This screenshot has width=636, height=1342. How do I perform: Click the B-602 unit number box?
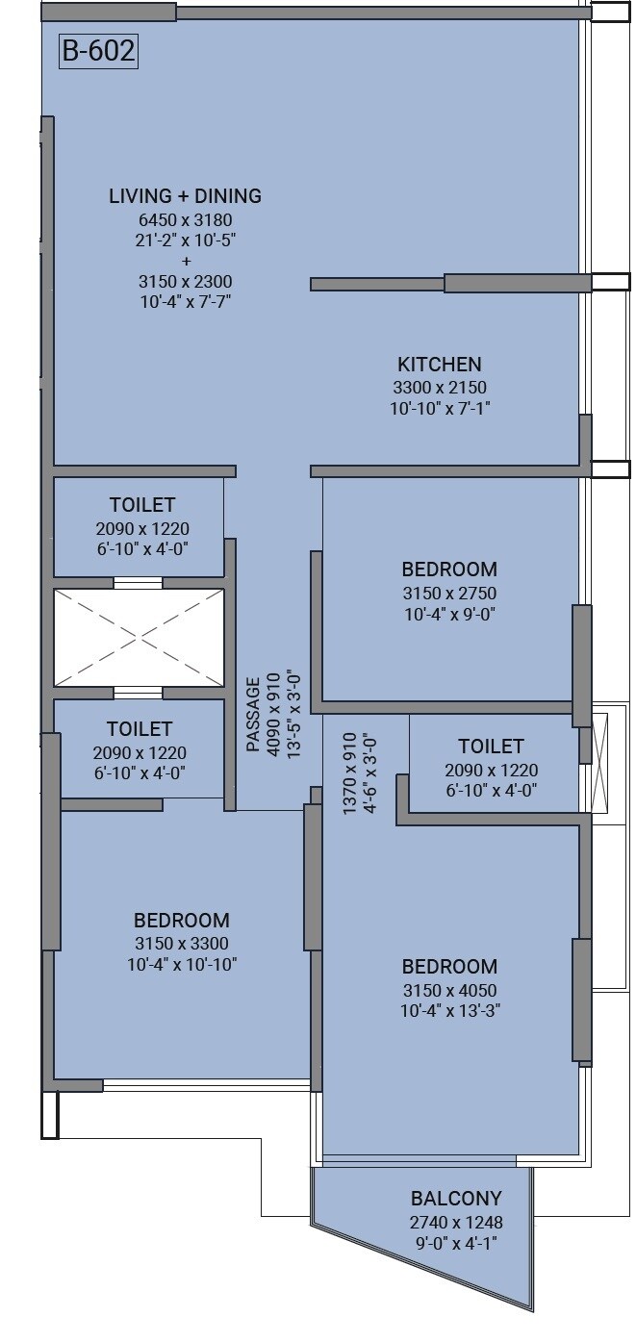pos(98,51)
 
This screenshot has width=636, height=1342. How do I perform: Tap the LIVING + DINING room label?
pos(185,196)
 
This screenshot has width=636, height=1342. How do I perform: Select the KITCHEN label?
pos(440,365)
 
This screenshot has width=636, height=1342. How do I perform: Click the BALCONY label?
pos(456,1199)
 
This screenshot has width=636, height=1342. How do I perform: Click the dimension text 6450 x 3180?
pos(185,220)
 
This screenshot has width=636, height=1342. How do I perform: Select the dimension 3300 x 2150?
pos(440,388)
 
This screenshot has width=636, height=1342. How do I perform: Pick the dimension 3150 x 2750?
pos(449,594)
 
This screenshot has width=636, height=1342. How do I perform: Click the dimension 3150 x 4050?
pos(449,991)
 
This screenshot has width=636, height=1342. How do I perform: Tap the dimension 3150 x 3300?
pos(182,944)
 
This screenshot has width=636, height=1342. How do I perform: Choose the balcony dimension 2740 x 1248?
pos(456,1223)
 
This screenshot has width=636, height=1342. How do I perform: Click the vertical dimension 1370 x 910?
pos(349,774)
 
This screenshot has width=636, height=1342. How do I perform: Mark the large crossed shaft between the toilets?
pos(139,638)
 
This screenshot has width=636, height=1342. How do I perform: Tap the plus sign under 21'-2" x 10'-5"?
pos(185,261)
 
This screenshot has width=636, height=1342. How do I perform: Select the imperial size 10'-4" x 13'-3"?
pos(449,1011)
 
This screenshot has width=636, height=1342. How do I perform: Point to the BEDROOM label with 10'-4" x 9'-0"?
pos(449,570)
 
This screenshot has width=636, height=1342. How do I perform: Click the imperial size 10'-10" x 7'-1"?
pos(440,408)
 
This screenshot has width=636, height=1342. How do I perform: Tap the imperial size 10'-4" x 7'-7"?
pos(185,302)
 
